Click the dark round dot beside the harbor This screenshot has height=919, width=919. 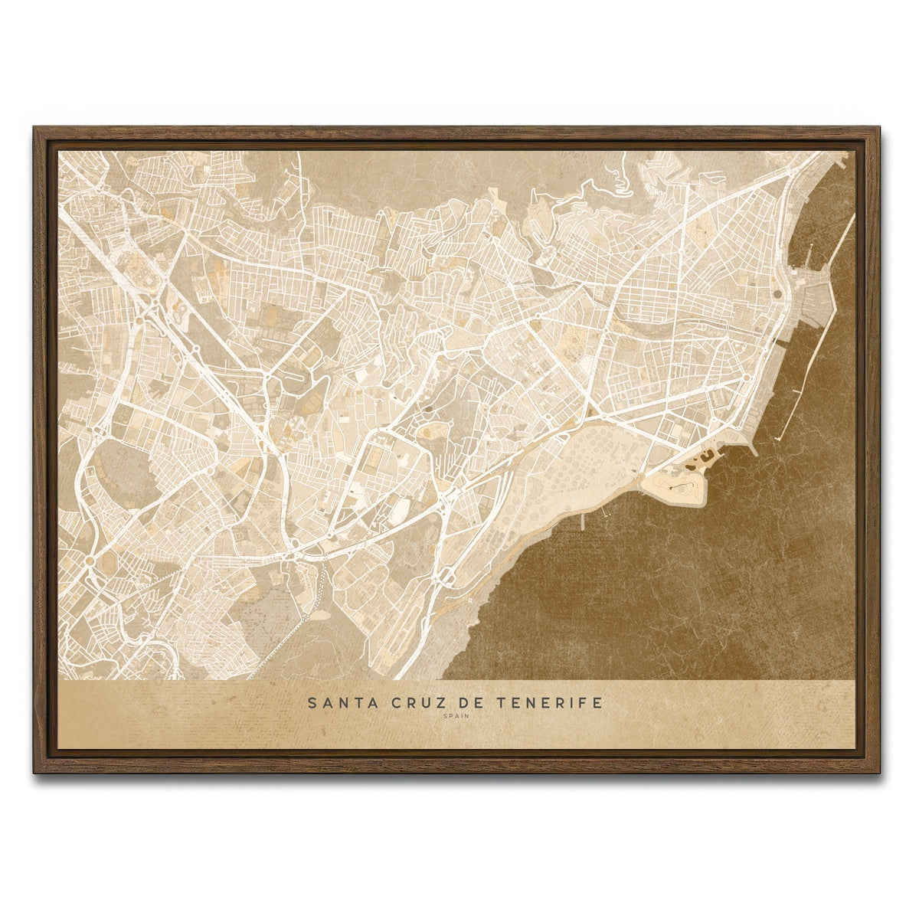click(x=778, y=293)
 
